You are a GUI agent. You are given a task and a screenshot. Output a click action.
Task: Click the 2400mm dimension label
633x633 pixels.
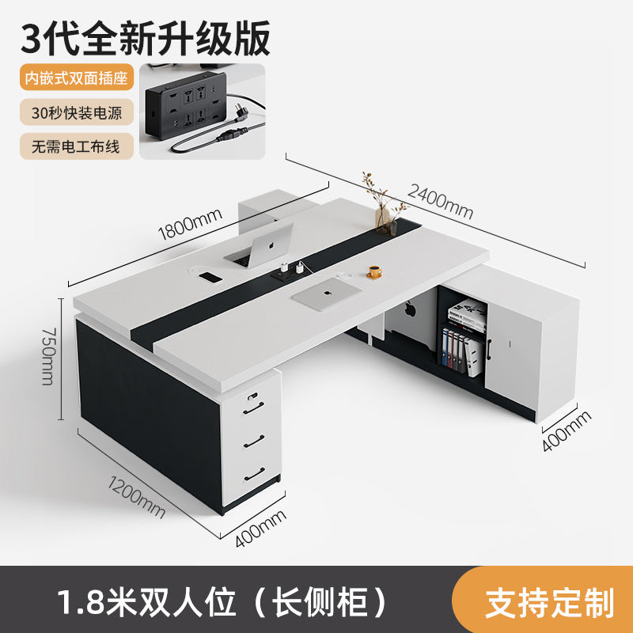pos(440,201)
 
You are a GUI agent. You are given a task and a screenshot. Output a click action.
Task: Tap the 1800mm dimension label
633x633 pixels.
pos(190,224)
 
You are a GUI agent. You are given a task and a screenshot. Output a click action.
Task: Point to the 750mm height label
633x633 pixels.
pos(49,357)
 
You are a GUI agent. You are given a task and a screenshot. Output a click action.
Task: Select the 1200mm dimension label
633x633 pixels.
pos(136,497)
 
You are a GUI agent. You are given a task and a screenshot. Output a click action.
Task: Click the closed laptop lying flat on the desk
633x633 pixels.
pos(327,294)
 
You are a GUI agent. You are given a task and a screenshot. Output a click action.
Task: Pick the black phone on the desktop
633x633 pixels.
pos(210,278)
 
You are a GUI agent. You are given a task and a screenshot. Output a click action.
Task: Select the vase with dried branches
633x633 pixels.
pos(385,205)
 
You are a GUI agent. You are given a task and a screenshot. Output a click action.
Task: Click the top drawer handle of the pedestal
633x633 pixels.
pos(254,407)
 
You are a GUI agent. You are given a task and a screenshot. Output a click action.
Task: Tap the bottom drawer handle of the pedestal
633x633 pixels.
pos(254,474)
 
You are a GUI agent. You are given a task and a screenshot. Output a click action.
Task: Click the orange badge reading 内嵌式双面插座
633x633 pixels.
pos(77,77)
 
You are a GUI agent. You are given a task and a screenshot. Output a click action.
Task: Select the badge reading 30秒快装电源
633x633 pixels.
pos(77,112)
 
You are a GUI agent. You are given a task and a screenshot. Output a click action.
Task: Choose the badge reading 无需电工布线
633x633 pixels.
pos(77,146)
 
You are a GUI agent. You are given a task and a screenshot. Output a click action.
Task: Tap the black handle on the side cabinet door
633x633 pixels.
pos(489,349)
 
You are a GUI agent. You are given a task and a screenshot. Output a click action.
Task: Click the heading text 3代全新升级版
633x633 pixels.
pos(146,39)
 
